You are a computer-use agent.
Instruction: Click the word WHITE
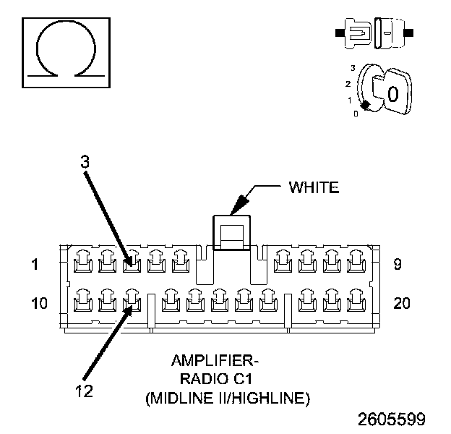313,188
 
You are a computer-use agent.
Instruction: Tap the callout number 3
85,163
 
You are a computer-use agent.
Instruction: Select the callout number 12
85,391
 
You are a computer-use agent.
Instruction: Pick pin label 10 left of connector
40,303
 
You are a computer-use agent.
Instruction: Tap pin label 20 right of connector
401,303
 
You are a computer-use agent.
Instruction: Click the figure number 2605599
390,419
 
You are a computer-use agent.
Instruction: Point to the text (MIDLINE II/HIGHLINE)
227,397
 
